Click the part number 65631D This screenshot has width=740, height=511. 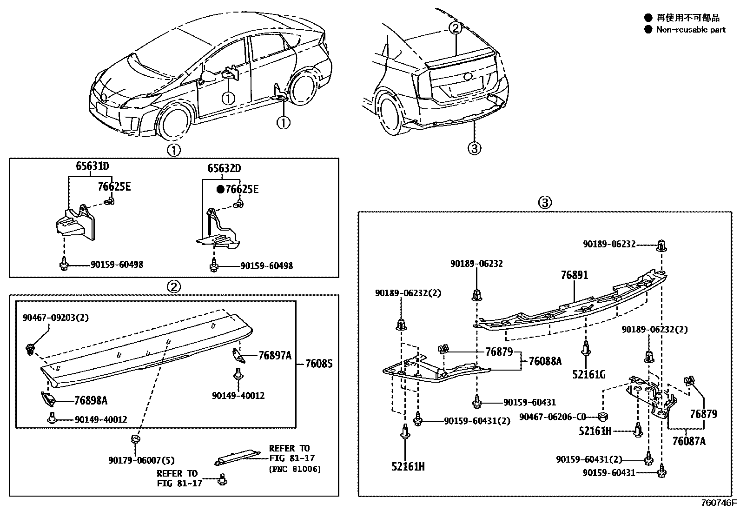93,166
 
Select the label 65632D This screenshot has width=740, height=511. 224,169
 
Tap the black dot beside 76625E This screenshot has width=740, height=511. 221,189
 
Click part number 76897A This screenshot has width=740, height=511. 275,356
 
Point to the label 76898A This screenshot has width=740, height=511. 91,400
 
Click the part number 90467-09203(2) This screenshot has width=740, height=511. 55,318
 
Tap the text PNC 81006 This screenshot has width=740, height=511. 295,469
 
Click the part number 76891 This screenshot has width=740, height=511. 574,275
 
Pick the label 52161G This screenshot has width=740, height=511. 589,374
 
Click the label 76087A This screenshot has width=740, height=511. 688,441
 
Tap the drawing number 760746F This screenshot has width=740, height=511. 719,503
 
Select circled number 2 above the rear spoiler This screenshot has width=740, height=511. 456,28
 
